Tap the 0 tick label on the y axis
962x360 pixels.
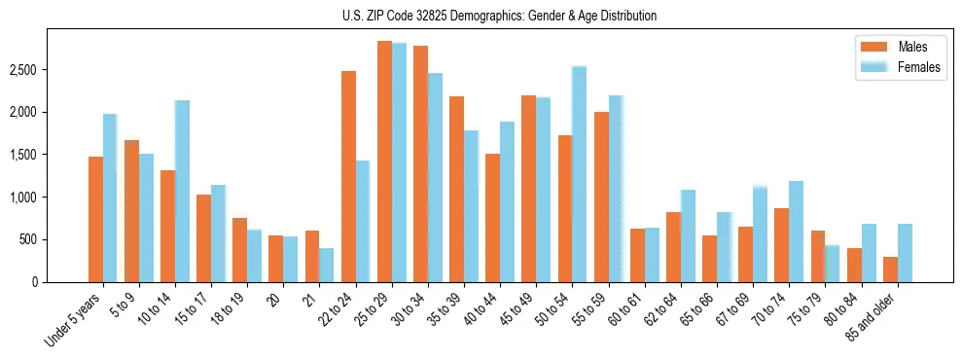click(x=34, y=281)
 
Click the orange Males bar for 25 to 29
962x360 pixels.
click(x=384, y=162)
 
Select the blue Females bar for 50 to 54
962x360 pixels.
click(x=579, y=174)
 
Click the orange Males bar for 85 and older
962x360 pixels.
click(x=890, y=270)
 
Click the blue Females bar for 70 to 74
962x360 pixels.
click(x=796, y=231)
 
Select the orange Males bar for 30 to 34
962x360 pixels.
click(x=420, y=163)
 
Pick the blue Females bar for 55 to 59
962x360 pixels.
click(x=615, y=189)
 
